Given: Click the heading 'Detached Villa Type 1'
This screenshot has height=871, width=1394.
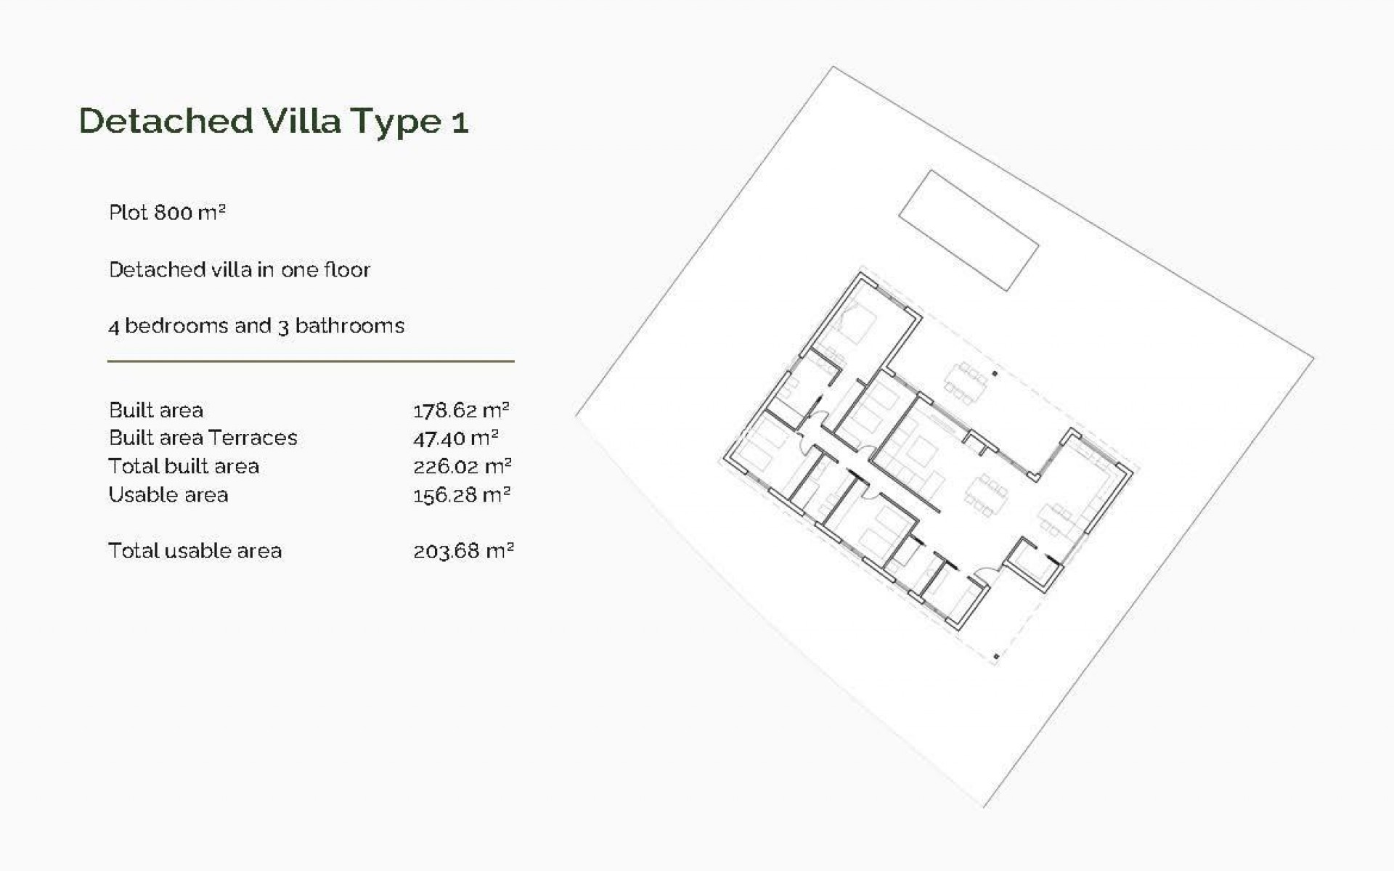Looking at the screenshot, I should [x=274, y=121].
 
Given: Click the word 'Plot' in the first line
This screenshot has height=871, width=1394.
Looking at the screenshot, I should [x=129, y=213].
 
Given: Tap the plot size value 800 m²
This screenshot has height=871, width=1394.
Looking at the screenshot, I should [x=190, y=212].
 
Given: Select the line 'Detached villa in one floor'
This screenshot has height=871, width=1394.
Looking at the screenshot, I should [x=240, y=270].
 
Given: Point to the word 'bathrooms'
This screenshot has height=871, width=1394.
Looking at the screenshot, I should [x=349, y=326].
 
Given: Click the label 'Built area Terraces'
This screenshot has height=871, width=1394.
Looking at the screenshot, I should [x=203, y=438].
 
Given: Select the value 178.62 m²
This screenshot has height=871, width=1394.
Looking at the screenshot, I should [x=461, y=410].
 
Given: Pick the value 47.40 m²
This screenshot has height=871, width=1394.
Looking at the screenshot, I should [x=456, y=438].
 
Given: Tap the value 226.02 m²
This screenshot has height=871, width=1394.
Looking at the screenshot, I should [x=462, y=466].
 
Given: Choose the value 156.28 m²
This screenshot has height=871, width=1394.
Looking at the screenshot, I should [x=462, y=495].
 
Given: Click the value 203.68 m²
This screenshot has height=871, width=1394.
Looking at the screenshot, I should [x=463, y=551].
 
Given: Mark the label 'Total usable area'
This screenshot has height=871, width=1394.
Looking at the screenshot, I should [x=195, y=551].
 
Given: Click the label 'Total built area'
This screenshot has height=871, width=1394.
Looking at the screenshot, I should [x=184, y=466].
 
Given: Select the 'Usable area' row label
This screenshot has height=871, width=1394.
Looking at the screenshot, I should [x=168, y=495].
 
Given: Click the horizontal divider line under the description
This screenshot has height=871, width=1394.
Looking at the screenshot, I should [x=311, y=361].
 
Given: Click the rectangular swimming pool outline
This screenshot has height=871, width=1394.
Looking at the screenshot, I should [x=969, y=230].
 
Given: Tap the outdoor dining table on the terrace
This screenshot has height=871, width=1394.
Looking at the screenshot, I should [x=966, y=382].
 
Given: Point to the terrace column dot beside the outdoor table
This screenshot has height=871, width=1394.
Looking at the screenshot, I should [x=995, y=374].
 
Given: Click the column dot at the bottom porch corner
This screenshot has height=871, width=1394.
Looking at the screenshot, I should [x=996, y=657].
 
